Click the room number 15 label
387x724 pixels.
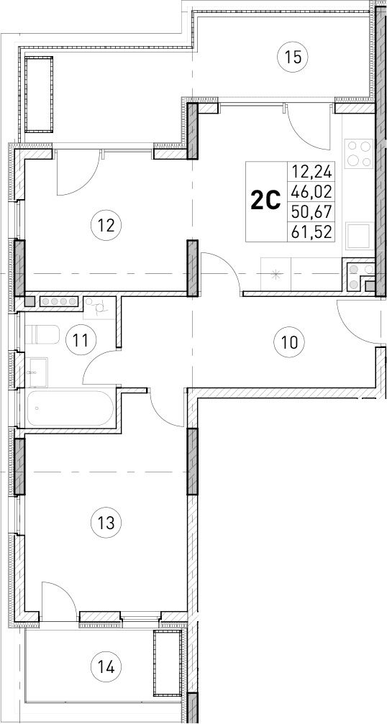pos(291,55)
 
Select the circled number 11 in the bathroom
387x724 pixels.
pos(83,338)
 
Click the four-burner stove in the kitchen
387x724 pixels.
pos(358,153)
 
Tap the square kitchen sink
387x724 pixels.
pos(358,236)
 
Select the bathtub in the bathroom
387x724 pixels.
pos(70,410)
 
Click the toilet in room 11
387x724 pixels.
pos(47,336)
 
